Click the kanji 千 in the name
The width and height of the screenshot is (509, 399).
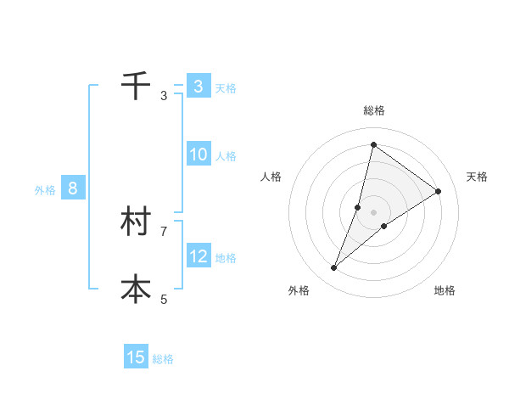pyautogui.click(x=136, y=86)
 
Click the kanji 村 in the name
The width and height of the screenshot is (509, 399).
pyautogui.click(x=136, y=222)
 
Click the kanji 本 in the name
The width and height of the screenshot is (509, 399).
pyautogui.click(x=136, y=289)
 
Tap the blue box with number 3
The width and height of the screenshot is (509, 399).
pyautogui.click(x=198, y=87)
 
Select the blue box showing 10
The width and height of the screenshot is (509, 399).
pyautogui.click(x=199, y=155)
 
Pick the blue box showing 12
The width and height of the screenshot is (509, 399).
pyautogui.click(x=199, y=256)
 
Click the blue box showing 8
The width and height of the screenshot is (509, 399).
pyautogui.click(x=73, y=188)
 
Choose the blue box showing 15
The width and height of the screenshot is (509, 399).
pyautogui.click(x=136, y=357)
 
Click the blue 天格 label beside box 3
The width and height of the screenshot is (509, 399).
pyautogui.click(x=226, y=88)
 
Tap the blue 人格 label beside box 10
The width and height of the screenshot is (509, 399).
pyautogui.click(x=226, y=156)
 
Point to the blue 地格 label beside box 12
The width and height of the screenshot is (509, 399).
pyautogui.click(x=226, y=258)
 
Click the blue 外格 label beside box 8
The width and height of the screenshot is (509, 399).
pyautogui.click(x=45, y=190)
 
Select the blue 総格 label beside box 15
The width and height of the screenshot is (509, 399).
pyautogui.click(x=163, y=359)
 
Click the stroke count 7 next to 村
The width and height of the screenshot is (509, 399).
pyautogui.click(x=164, y=231)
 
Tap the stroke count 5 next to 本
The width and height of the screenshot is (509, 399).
pyautogui.click(x=164, y=299)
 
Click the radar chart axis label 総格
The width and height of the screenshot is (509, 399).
pyautogui.click(x=374, y=110)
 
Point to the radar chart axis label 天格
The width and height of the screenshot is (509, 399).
pyautogui.click(x=477, y=177)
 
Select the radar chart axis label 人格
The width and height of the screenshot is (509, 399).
pyautogui.click(x=271, y=177)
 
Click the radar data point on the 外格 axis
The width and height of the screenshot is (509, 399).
pyautogui.click(x=334, y=268)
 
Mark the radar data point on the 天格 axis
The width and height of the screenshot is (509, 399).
pyautogui.click(x=439, y=191)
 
